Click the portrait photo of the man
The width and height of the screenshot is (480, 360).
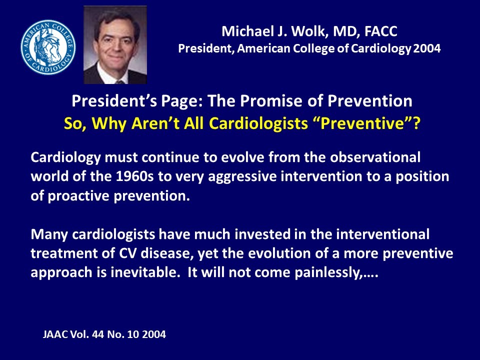pyautogui.click(x=115, y=44)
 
